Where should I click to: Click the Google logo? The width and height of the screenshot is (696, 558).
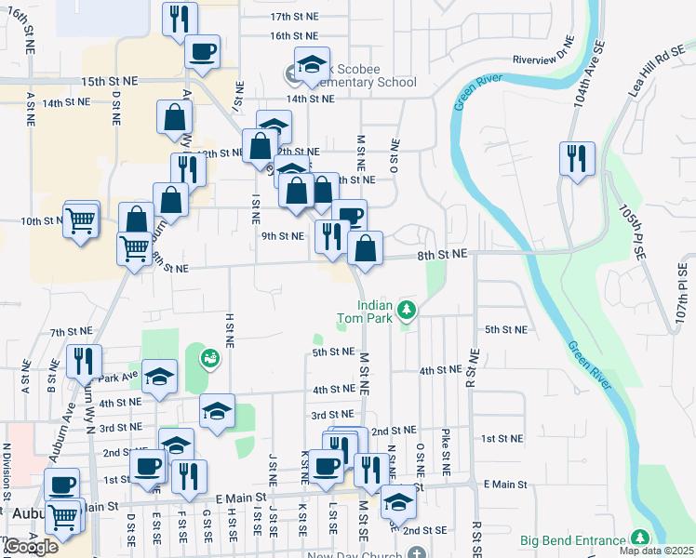click(31, 547)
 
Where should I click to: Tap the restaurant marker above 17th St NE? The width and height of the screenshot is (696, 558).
click(180, 19)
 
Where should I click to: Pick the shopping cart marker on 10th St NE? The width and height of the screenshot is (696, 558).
click(81, 219)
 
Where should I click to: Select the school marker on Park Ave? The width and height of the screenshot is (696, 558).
click(159, 377)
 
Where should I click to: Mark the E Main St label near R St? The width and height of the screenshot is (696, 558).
click(505, 485)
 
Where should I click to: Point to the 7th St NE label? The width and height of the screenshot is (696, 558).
click(72, 331)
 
